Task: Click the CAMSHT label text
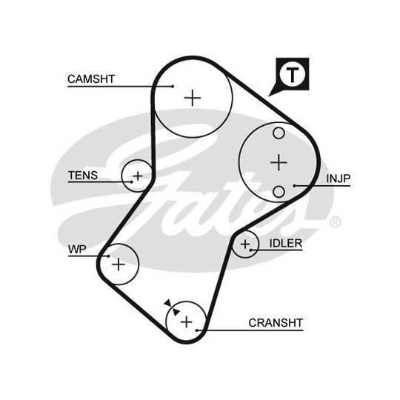(91, 79)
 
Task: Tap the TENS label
(83, 176)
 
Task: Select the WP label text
(77, 249)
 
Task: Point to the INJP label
(339, 179)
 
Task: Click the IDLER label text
(286, 244)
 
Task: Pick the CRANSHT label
(276, 323)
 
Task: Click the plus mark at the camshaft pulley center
(193, 98)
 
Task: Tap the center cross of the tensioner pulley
(138, 176)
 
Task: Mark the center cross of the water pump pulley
(119, 264)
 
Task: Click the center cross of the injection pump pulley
(279, 162)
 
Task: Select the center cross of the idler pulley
(245, 244)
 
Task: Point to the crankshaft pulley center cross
(187, 321)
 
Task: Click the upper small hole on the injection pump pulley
(279, 133)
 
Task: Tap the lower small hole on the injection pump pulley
(279, 192)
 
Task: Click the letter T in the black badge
(292, 75)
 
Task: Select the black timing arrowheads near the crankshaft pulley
(172, 307)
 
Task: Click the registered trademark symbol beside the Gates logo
(335, 222)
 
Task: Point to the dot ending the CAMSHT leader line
(173, 87)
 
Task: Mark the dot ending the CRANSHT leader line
(197, 330)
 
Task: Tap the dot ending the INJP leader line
(294, 186)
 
